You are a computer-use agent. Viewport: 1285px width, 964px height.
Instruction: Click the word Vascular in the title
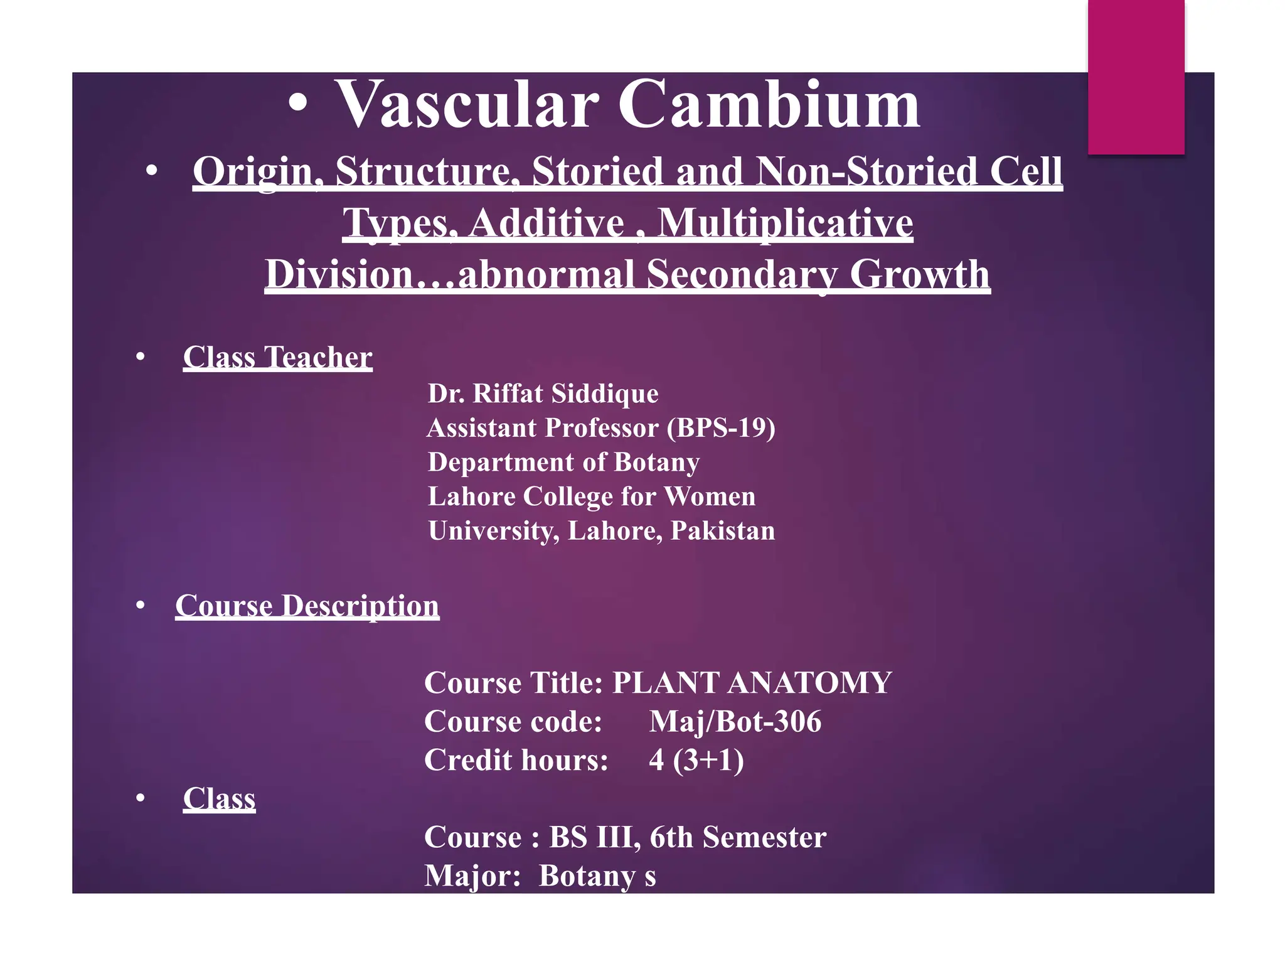click(467, 105)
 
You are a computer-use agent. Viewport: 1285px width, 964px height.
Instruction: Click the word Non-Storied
click(866, 172)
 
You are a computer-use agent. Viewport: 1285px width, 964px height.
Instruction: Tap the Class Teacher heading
click(277, 358)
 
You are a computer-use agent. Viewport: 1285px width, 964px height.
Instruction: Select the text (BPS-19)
click(720, 428)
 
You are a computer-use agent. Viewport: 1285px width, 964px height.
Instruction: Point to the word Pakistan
click(722, 531)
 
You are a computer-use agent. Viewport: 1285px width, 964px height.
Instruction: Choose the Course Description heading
click(307, 606)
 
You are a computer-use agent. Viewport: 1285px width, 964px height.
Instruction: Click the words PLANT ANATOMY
click(751, 683)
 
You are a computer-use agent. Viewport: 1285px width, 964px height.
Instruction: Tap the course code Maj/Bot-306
click(735, 722)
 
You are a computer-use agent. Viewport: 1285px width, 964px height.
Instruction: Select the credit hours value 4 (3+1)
click(696, 760)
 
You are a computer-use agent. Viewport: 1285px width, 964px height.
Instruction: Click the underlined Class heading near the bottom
click(219, 799)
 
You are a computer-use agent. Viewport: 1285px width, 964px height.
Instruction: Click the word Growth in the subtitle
click(919, 275)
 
